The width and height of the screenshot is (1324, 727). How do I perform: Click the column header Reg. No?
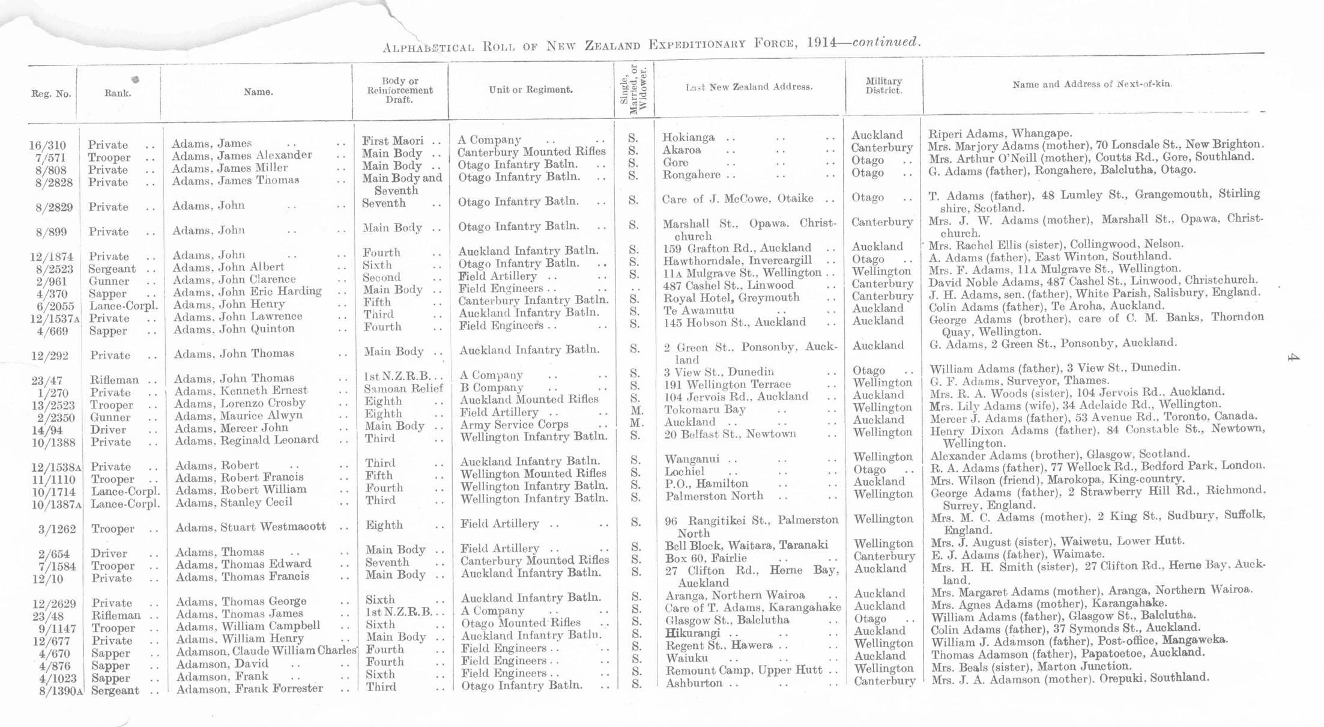pos(51,94)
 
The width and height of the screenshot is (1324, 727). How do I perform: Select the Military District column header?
pos(883,86)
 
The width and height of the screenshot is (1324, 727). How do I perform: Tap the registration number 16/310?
pos(47,145)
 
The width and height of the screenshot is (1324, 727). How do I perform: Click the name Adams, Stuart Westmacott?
pos(250,528)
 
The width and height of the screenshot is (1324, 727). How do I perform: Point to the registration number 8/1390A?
pos(59,691)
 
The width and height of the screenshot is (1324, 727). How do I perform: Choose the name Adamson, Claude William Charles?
pos(266,651)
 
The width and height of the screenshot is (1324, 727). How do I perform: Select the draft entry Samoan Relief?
pos(402,389)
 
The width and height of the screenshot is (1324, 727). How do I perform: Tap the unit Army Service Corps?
pos(514,424)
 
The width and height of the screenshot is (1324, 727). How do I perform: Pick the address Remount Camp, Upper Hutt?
pos(744,671)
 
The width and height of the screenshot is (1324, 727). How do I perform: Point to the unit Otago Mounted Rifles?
pos(521,623)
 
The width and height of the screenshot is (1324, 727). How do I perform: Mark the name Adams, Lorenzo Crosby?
pos(240,403)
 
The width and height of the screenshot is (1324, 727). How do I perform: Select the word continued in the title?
pos(886,42)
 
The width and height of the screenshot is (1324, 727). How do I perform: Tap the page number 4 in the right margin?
pos(1293,358)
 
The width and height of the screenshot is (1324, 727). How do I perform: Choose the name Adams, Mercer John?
pos(231,428)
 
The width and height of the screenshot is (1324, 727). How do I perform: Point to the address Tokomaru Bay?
pos(705,410)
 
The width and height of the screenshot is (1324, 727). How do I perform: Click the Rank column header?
pos(118,93)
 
